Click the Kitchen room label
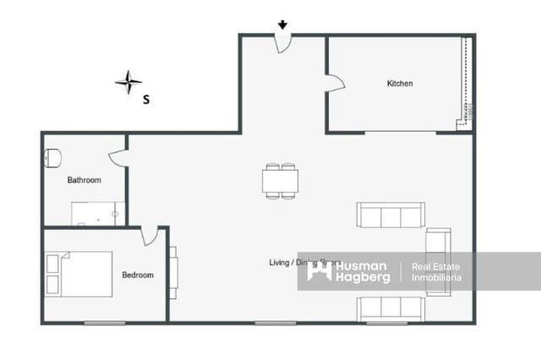click(400, 84)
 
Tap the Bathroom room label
click(85, 180)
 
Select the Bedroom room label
click(138, 275)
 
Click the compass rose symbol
click(128, 82)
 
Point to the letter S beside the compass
click(146, 99)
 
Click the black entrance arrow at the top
click(282, 25)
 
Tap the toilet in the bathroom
click(52, 157)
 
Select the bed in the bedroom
click(79, 274)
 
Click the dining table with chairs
click(280, 181)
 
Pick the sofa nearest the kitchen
click(391, 215)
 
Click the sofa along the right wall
click(438, 261)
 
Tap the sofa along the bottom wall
click(391, 308)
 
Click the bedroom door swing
click(150, 236)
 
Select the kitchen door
click(336, 82)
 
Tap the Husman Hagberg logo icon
click(319, 271)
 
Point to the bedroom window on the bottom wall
click(105, 323)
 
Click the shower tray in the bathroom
click(98, 214)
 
